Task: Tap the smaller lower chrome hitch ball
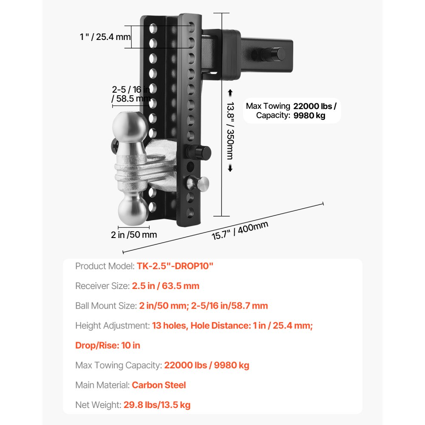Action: pyautogui.click(x=133, y=210)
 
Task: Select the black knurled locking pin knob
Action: pyautogui.click(x=198, y=152)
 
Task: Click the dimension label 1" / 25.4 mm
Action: pyautogui.click(x=105, y=37)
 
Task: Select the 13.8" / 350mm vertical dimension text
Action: pyautogui.click(x=230, y=130)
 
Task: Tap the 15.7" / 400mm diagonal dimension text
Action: pyautogui.click(x=240, y=230)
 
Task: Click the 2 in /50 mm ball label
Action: pyautogui.click(x=134, y=235)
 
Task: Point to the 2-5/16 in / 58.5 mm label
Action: pyautogui.click(x=131, y=94)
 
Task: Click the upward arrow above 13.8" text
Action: pyautogui.click(x=230, y=93)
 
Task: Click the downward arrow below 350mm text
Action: pyautogui.click(x=230, y=168)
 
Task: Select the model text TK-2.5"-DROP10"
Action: pyautogui.click(x=175, y=266)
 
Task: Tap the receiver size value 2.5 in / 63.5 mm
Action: pyautogui.click(x=166, y=286)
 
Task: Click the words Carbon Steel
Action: pyautogui.click(x=159, y=385)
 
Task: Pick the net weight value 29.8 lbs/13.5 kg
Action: pyautogui.click(x=157, y=405)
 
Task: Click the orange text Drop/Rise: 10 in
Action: pyautogui.click(x=108, y=345)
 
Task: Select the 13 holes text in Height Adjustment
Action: pyautogui.click(x=169, y=326)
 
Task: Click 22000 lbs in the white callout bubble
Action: pyautogui.click(x=313, y=106)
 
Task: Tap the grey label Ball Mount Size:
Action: pyautogui.click(x=106, y=306)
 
